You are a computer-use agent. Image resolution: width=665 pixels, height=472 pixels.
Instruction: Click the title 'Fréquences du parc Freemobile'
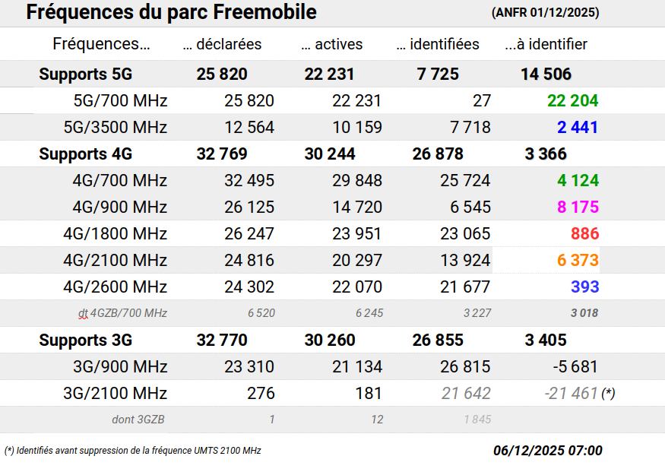coord(171,13)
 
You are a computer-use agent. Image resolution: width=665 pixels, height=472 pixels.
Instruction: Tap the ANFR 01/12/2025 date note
coord(545,13)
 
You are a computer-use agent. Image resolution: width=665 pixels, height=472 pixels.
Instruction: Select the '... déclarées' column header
coord(222,44)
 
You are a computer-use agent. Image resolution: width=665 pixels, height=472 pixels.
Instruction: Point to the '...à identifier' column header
coord(546,44)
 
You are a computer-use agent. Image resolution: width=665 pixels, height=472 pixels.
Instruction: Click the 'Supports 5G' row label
coord(86,74)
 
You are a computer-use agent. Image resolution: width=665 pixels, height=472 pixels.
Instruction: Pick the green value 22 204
coord(572,101)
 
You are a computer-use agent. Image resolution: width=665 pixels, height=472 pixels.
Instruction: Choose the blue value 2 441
coord(578,128)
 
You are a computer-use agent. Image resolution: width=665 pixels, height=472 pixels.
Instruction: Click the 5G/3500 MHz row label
coord(120,128)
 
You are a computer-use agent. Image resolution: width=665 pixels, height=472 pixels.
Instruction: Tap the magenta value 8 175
coord(578,207)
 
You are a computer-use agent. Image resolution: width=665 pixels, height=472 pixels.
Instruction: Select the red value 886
coord(584,234)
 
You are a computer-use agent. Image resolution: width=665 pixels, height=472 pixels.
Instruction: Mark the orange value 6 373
coord(578,261)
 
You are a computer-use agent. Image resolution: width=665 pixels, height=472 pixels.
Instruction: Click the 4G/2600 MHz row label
coord(116,287)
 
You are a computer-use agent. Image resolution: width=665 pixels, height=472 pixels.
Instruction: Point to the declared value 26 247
coord(249,234)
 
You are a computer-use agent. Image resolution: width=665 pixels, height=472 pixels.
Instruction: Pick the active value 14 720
coord(357,207)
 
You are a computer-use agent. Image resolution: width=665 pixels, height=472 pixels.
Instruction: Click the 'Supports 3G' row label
coord(86,341)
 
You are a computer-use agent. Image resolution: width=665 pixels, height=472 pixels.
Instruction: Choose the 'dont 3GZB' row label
coord(138,420)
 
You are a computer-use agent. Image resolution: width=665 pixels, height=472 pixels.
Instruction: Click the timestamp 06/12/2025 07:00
coord(547,451)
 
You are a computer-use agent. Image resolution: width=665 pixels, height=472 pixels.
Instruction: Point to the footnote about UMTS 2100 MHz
coord(133,451)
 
